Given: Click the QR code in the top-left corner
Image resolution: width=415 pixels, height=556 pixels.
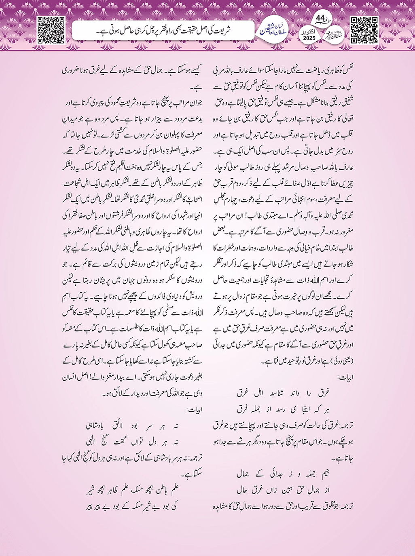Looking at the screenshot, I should pyautogui.click(x=51, y=29).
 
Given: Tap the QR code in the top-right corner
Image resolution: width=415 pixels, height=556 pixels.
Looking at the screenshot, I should pyautogui.click(x=364, y=30).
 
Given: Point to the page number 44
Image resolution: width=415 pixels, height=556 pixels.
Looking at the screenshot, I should pyautogui.click(x=320, y=19).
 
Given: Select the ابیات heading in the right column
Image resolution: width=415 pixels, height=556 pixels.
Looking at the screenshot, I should pyautogui.click(x=345, y=378).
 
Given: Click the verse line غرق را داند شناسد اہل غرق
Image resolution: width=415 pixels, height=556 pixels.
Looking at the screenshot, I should pyautogui.click(x=283, y=392).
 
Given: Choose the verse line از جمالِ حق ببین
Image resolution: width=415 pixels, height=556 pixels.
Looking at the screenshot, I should pyautogui.click(x=283, y=490).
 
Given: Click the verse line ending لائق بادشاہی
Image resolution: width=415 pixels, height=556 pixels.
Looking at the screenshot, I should pyautogui.click(x=132, y=426).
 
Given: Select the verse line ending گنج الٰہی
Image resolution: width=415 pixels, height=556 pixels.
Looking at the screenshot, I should pyautogui.click(x=132, y=441).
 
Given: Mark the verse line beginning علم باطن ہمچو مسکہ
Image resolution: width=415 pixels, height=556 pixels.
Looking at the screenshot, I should pyautogui.click(x=132, y=491).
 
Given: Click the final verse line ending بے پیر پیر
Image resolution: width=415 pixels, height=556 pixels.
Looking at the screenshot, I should pyautogui.click(x=132, y=506).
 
